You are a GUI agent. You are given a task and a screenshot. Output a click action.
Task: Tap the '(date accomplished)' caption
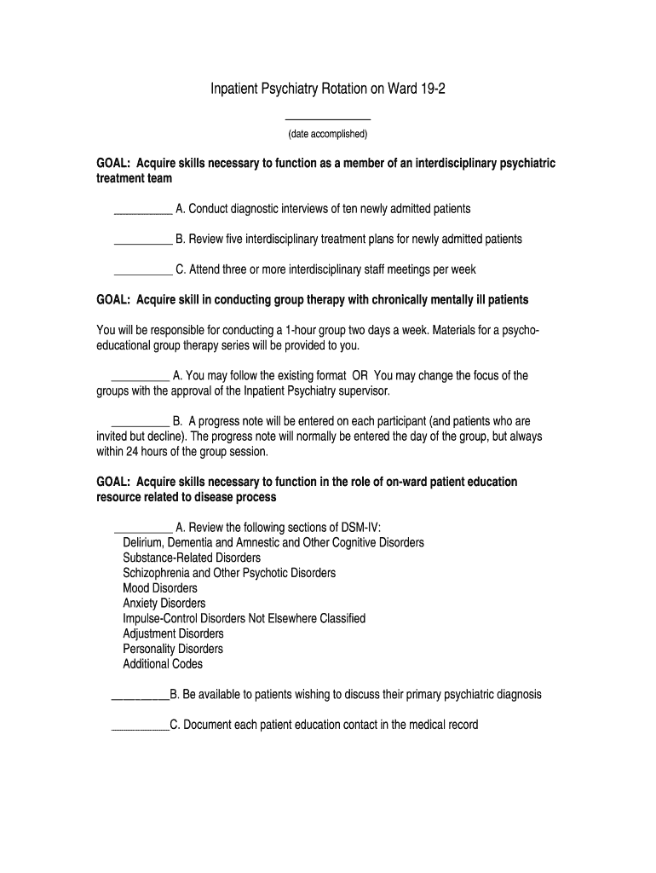328,135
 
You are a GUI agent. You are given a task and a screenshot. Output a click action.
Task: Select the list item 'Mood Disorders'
160,588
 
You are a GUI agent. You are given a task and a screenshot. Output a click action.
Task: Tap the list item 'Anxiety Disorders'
164,604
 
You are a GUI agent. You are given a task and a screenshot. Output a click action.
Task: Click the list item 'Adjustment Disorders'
174,633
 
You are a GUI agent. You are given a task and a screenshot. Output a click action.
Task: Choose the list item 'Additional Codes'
163,664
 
